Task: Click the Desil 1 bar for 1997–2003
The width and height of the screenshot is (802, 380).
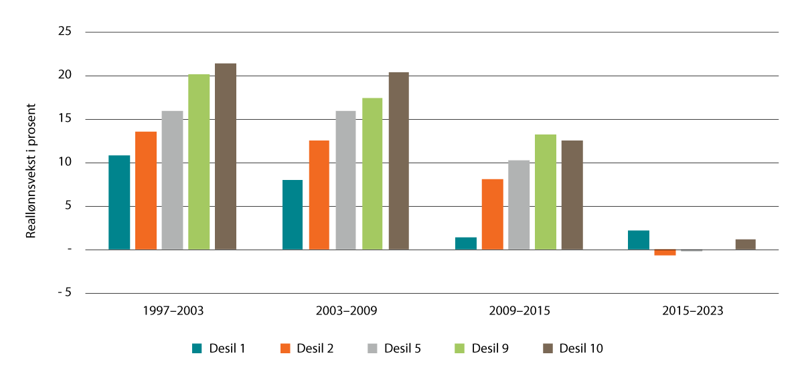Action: [119, 203]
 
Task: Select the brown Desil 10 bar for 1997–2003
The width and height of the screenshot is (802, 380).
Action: [226, 157]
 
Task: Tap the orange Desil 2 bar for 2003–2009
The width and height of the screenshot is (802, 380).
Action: [319, 195]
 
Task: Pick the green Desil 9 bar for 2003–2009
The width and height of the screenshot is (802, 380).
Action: [372, 174]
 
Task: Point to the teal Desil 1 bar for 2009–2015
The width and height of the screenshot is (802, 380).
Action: [466, 244]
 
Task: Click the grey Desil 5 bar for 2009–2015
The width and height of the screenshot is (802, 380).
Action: [519, 205]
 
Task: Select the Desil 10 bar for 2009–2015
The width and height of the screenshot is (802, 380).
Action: [572, 195]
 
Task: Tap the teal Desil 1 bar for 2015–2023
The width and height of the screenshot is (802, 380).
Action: [639, 240]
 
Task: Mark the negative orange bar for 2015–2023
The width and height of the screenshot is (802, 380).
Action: [665, 252]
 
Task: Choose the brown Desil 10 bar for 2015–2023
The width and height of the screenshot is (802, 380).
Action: [745, 244]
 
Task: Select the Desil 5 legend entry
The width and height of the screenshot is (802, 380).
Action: [394, 348]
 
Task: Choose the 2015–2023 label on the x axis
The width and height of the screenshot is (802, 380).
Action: [692, 311]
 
